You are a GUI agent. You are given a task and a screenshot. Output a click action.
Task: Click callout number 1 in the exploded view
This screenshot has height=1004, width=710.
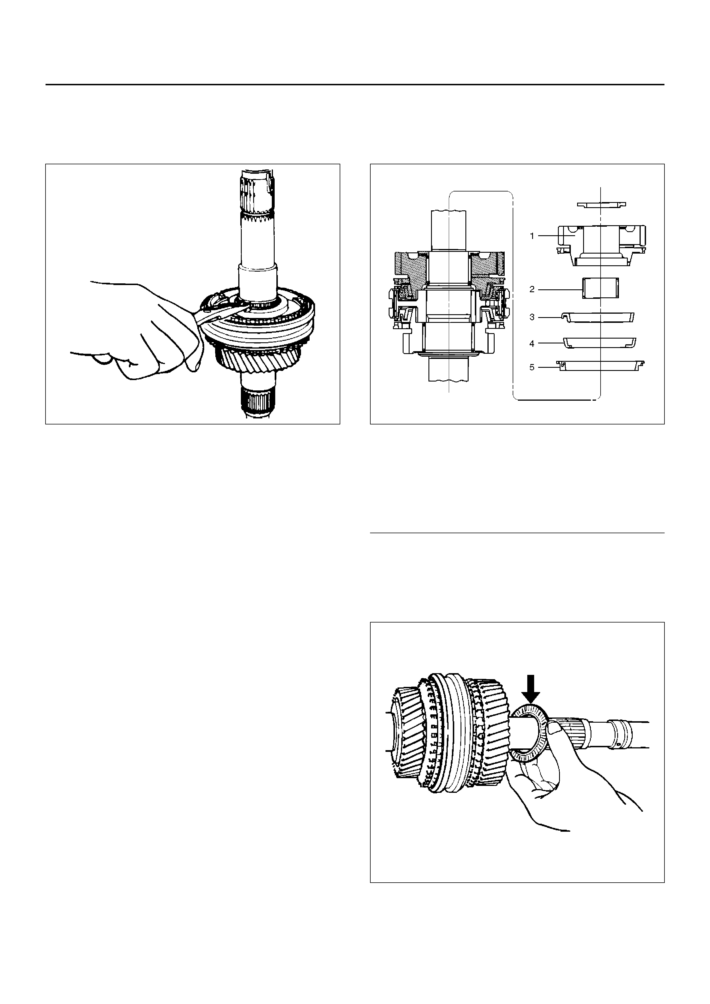pos(532,236)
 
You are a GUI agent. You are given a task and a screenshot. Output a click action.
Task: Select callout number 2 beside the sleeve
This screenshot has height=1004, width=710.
pos(532,289)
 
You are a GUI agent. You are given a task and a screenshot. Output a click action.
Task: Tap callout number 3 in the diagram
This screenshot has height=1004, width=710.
pos(532,317)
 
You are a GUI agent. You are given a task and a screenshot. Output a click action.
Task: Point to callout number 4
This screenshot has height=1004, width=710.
pos(532,344)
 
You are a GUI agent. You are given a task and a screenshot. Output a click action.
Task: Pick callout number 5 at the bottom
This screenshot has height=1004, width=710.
pos(532,367)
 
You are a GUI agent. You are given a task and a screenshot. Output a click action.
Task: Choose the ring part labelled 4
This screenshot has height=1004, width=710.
pos(599,343)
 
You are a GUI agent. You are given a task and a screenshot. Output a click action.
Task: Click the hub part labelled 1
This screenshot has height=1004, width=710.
pos(601,245)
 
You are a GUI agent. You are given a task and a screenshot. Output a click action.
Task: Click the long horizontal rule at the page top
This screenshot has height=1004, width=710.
pos(355,84)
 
